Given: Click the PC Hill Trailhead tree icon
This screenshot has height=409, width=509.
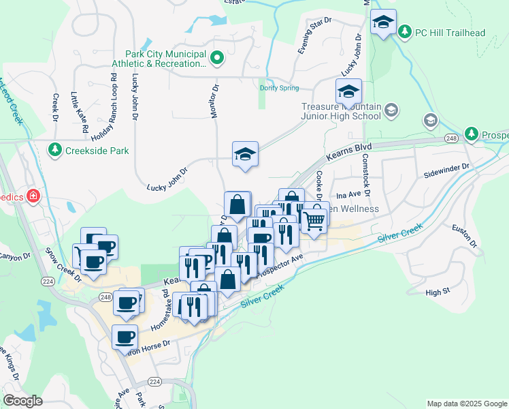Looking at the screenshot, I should pyautogui.click(x=405, y=31).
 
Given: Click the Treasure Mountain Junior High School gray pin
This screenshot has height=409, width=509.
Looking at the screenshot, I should pyautogui.click(x=391, y=110).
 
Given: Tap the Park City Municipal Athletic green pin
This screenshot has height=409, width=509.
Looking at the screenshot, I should pyautogui.click(x=217, y=59).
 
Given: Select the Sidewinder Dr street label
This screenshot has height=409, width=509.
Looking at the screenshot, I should pyautogui.click(x=446, y=166).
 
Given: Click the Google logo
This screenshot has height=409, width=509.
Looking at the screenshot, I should pyautogui.click(x=22, y=401).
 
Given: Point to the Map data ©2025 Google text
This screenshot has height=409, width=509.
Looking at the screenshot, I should pyautogui.click(x=465, y=404).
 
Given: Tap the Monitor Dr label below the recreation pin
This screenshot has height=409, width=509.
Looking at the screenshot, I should pyautogui.click(x=215, y=100).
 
